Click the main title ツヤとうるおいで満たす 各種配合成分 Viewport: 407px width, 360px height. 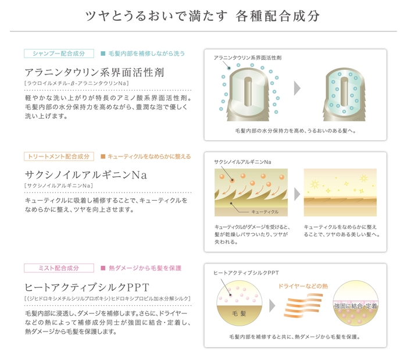(203, 16)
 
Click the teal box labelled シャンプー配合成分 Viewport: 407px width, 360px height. (59, 54)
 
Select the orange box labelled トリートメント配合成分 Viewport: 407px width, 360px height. (59, 156)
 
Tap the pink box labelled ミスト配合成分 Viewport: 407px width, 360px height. (59, 268)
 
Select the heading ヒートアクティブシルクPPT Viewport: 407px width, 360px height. (87, 287)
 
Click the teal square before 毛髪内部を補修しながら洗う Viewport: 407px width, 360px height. (103, 54)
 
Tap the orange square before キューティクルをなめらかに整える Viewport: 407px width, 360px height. (103, 156)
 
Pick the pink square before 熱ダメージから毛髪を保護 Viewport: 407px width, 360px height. (103, 268)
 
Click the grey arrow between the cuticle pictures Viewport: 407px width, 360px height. (297, 193)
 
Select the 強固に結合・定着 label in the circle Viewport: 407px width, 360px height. (356, 305)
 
